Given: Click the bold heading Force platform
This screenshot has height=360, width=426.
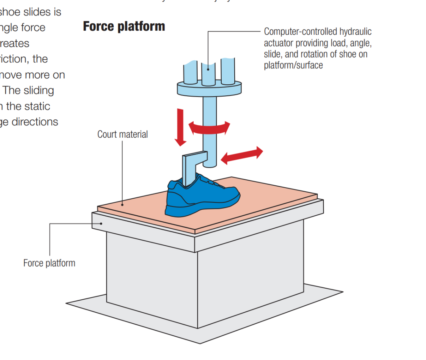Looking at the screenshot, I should coord(124,26).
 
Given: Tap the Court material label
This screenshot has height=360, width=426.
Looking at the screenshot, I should coord(122,134).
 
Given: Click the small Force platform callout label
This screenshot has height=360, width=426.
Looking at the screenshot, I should coord(49,263).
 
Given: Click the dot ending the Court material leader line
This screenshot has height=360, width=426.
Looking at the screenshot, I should coord(123,204).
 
